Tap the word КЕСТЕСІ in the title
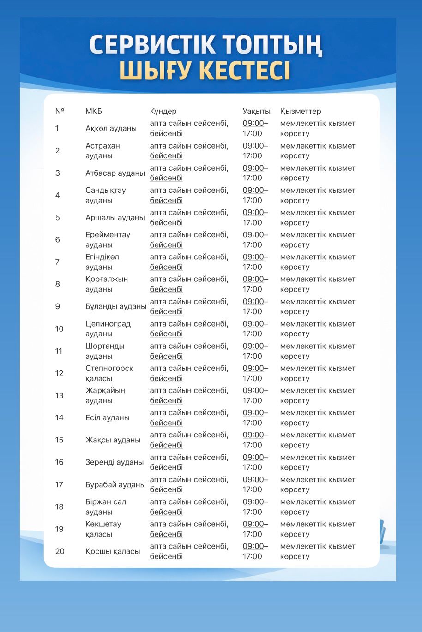[x=244, y=71]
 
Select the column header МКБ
[x=93, y=111]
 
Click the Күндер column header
[x=163, y=111]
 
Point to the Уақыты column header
[x=256, y=111]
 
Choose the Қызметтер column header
[x=300, y=111]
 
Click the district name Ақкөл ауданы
[x=111, y=128]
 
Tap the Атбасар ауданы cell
[x=115, y=173]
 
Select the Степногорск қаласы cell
[x=109, y=373]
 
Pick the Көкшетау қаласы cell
[x=103, y=529]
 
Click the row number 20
[x=60, y=551]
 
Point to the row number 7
[x=57, y=262]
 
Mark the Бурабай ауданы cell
[x=115, y=484]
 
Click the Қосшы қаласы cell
[x=113, y=551]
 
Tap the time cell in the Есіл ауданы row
[x=255, y=417]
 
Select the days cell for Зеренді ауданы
[x=189, y=462]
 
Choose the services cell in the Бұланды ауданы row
[x=317, y=306]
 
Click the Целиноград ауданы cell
[x=108, y=328]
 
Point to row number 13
[x=59, y=395]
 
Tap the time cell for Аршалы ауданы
[x=255, y=217]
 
